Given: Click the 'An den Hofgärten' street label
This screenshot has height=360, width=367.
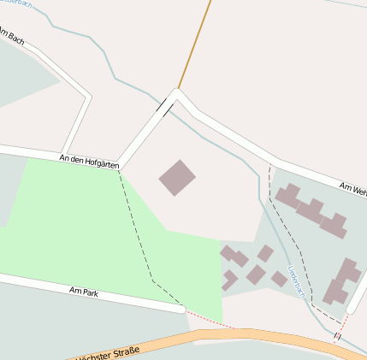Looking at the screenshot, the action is (88, 160).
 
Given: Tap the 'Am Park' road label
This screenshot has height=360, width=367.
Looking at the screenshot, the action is (84, 292).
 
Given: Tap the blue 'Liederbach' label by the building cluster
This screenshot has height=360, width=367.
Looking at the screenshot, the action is (296, 280).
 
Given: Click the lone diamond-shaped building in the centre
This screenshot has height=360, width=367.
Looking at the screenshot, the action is (177, 178).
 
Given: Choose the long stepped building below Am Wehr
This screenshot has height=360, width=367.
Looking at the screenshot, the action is (311, 210).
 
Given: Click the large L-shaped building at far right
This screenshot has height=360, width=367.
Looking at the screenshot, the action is (342, 281).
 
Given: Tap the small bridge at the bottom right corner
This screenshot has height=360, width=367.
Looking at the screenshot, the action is (337, 336).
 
